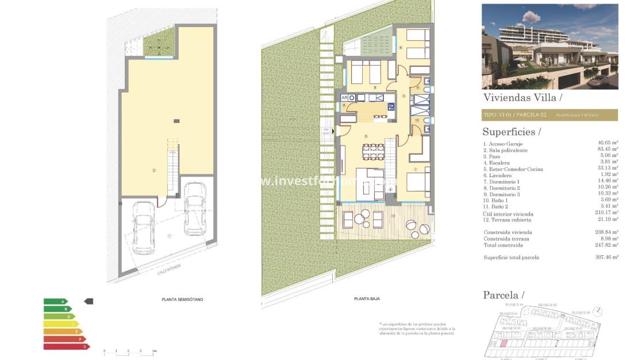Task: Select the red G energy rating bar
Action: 67,346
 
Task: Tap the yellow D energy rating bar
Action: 61,324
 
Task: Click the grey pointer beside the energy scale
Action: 89,301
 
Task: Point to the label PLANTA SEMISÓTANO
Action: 182,300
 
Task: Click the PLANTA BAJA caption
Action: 367,298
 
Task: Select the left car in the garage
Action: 142,227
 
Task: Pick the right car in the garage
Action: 194,216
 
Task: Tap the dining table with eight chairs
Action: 374,153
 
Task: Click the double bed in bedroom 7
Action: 417,183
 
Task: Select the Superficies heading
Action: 512,132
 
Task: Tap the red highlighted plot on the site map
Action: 504,343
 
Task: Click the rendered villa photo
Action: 549,47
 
